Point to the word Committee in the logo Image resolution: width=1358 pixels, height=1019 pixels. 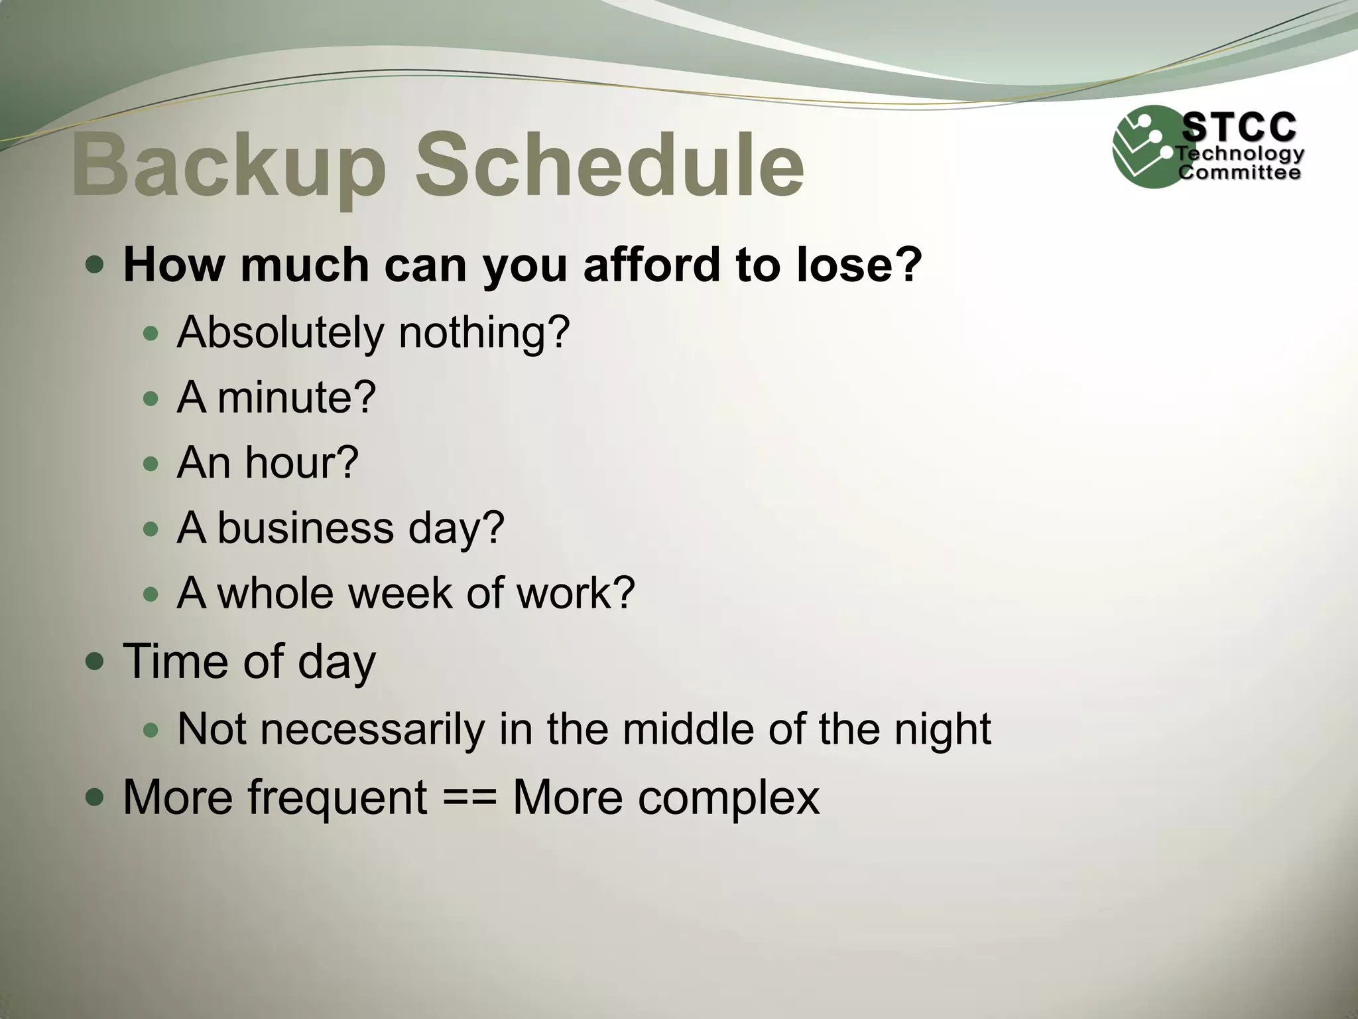[1239, 173]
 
